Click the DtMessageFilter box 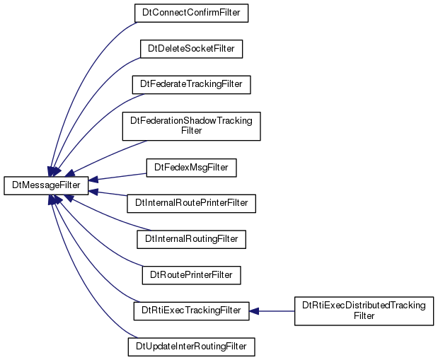click(x=46, y=185)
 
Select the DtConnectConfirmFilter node click(x=191, y=13)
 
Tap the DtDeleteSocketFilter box click(x=191, y=49)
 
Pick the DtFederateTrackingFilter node click(x=191, y=85)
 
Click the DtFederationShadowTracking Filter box click(x=191, y=126)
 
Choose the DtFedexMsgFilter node click(x=191, y=168)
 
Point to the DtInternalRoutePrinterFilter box click(x=191, y=203)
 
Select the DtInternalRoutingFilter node click(x=191, y=239)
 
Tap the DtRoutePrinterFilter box click(x=191, y=275)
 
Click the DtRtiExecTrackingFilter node click(x=191, y=311)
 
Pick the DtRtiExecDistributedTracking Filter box click(x=364, y=311)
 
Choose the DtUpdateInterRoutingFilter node click(x=191, y=347)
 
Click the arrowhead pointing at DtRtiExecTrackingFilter click(x=253, y=311)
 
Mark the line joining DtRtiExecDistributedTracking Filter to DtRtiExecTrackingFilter click(x=277, y=311)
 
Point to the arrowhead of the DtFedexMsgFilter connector click(x=93, y=180)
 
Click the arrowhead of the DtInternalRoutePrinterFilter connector click(x=93, y=192)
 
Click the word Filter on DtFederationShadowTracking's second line click(x=191, y=131)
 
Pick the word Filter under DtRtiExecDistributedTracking click(x=364, y=316)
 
